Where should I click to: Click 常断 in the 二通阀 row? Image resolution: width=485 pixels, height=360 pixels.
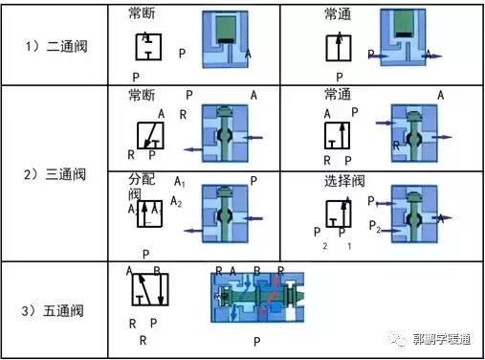(x=143, y=14)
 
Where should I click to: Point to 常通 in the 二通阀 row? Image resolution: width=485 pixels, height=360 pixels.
(x=338, y=14)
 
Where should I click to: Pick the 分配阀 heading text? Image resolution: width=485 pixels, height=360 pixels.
(x=141, y=187)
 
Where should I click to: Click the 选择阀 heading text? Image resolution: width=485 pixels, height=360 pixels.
(x=343, y=179)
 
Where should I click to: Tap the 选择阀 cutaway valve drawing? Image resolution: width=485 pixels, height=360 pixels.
(x=418, y=214)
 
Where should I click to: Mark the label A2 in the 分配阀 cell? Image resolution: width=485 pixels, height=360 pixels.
(x=176, y=202)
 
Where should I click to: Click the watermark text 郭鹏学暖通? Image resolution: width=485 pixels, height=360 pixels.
(x=441, y=339)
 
